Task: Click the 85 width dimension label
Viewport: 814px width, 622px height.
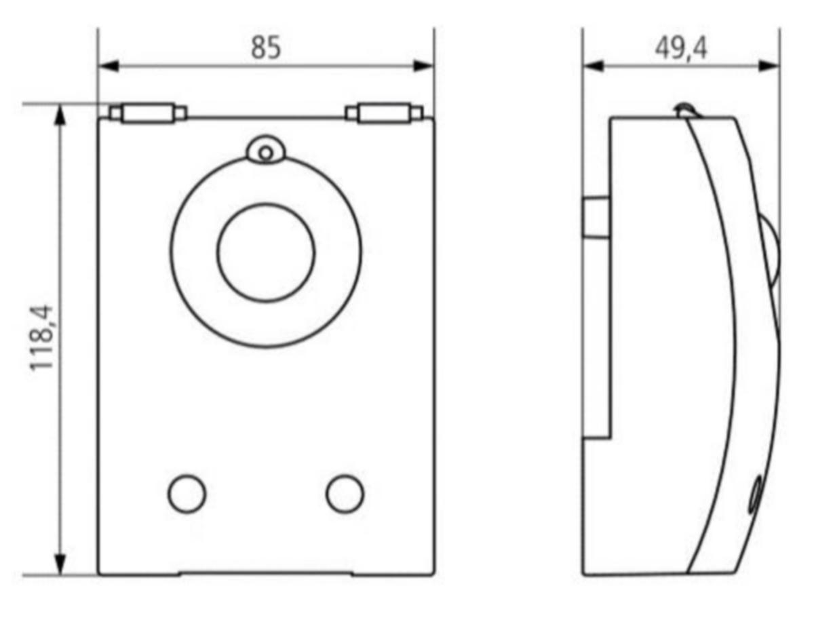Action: [x=266, y=47]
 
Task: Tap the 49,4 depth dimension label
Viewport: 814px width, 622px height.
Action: [x=681, y=49]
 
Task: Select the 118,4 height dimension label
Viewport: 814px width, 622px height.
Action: [x=41, y=337]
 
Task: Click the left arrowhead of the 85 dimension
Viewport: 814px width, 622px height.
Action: [x=109, y=66]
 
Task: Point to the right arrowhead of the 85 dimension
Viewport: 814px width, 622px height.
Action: [x=423, y=66]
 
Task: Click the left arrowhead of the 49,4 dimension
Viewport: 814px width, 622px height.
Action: [x=594, y=66]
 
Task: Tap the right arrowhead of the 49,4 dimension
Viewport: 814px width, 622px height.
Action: [x=769, y=66]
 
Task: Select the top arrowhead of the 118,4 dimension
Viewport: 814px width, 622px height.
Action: [x=60, y=115]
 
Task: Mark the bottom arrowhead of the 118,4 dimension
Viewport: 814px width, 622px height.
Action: [x=60, y=564]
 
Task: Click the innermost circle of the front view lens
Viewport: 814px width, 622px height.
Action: [x=266, y=252]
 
